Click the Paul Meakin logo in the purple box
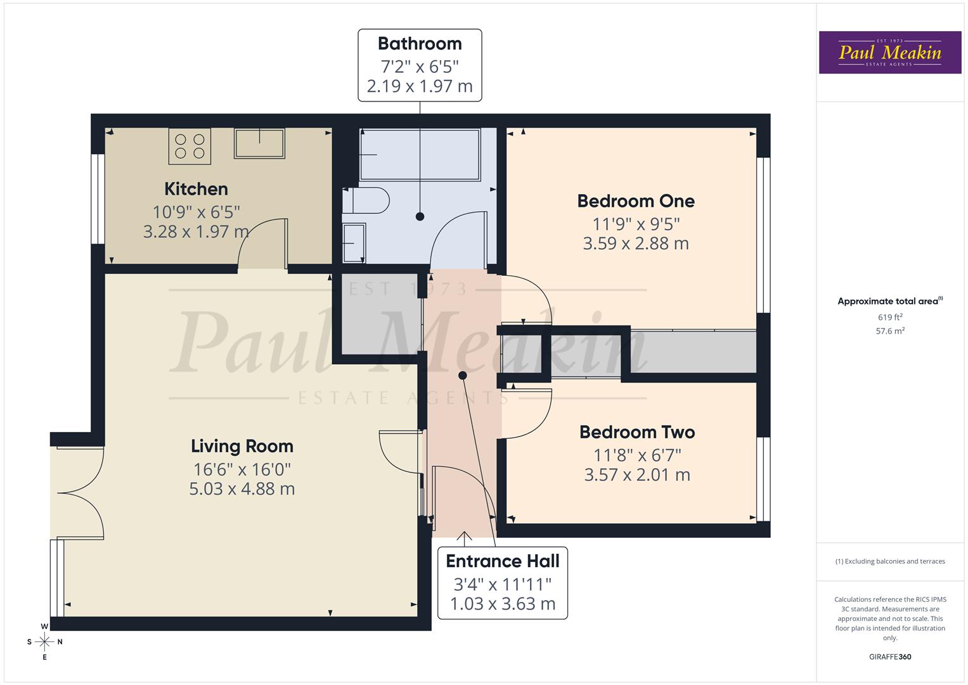(x=889, y=53)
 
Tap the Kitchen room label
(x=196, y=189)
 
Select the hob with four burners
(x=190, y=146)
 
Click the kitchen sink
(x=259, y=143)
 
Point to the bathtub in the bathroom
(x=420, y=155)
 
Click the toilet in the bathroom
(x=367, y=201)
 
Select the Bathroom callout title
(x=420, y=44)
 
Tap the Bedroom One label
(x=636, y=201)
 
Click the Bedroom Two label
(x=637, y=433)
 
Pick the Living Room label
(x=242, y=447)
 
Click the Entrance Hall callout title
(x=503, y=561)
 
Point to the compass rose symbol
(x=44, y=642)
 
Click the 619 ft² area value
(x=890, y=317)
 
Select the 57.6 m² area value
(x=890, y=330)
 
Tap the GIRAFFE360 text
(x=890, y=656)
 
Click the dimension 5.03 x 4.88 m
(x=242, y=489)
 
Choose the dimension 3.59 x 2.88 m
(x=636, y=244)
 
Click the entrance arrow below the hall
(x=465, y=538)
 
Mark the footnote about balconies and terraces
(x=890, y=561)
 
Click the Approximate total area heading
(x=889, y=301)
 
